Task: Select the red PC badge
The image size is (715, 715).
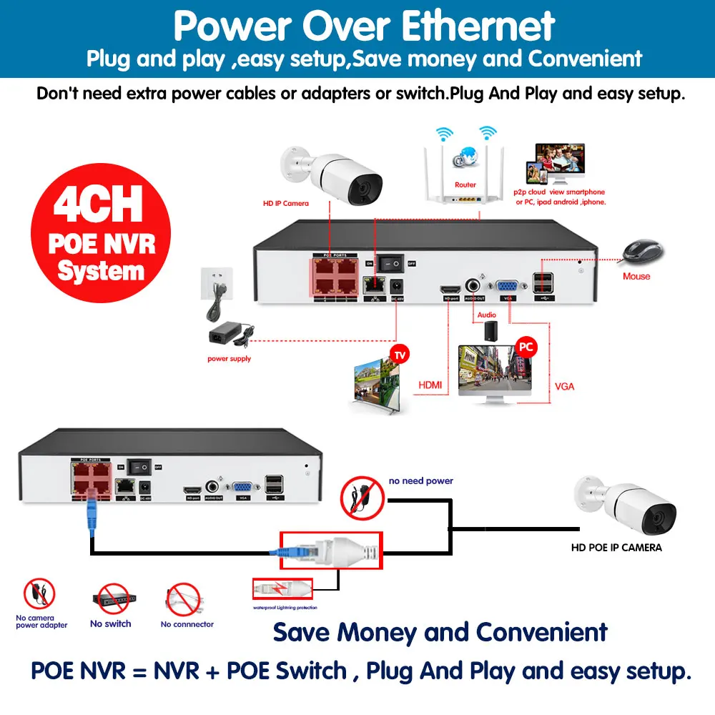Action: coord(526,347)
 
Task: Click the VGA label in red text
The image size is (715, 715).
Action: coord(564,386)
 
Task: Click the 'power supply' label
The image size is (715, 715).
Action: coord(229,358)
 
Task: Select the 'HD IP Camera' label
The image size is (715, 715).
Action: coord(286,203)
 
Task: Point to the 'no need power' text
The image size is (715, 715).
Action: coord(421,481)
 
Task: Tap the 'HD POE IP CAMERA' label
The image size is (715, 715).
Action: coord(616,548)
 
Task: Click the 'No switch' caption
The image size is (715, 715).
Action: coord(111,623)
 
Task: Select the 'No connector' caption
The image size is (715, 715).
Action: coord(187,624)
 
